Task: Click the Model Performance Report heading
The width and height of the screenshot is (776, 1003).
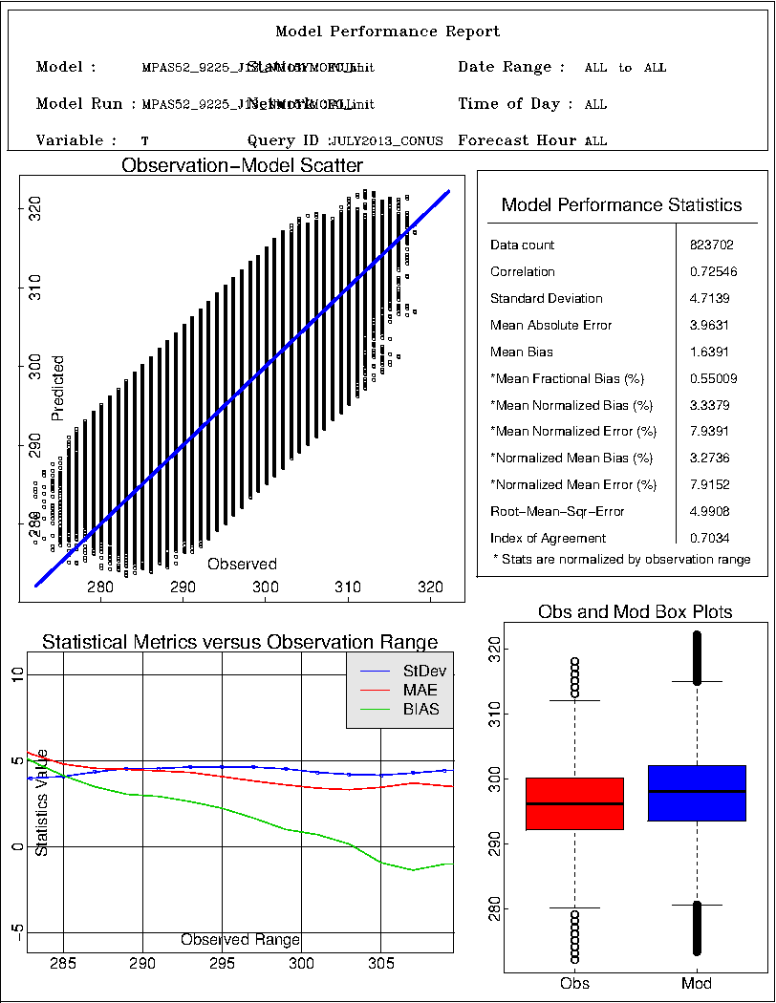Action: [387, 32]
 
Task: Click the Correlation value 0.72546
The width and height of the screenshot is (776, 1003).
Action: [710, 272]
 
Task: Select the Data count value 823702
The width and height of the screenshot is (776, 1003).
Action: [710, 245]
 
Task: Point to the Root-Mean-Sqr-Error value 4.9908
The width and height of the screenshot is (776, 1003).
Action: [710, 511]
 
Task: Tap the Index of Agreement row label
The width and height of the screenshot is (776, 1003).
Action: [548, 538]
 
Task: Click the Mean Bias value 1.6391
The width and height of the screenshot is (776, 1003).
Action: [710, 352]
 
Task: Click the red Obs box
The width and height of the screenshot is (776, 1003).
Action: [574, 803]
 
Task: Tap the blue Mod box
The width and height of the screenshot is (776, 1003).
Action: [696, 793]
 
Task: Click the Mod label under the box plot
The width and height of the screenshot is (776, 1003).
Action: [696, 983]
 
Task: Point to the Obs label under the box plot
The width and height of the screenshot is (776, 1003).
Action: [574, 983]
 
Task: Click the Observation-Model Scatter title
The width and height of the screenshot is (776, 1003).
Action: [242, 166]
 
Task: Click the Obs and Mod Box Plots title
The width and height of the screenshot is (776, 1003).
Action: [636, 611]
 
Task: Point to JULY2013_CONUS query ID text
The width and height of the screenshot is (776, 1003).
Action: [386, 141]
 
